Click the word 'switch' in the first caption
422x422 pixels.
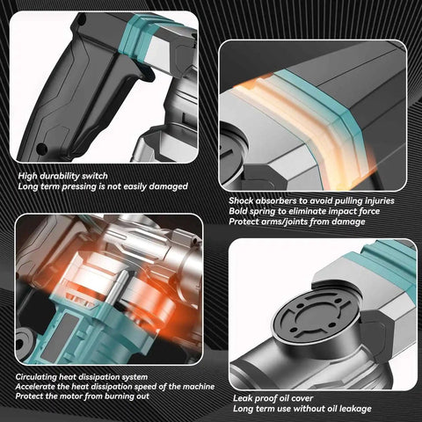[95, 176]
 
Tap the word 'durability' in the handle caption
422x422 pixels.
[59, 176]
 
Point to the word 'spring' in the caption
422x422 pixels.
[268, 211]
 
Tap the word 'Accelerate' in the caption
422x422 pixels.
[35, 387]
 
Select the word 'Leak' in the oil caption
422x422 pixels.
[243, 398]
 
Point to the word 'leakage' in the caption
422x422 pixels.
[355, 409]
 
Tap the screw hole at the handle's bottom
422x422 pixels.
[41, 148]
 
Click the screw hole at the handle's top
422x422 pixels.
[83, 20]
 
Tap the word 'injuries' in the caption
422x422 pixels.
[380, 200]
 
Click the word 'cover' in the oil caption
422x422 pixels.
[302, 398]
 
